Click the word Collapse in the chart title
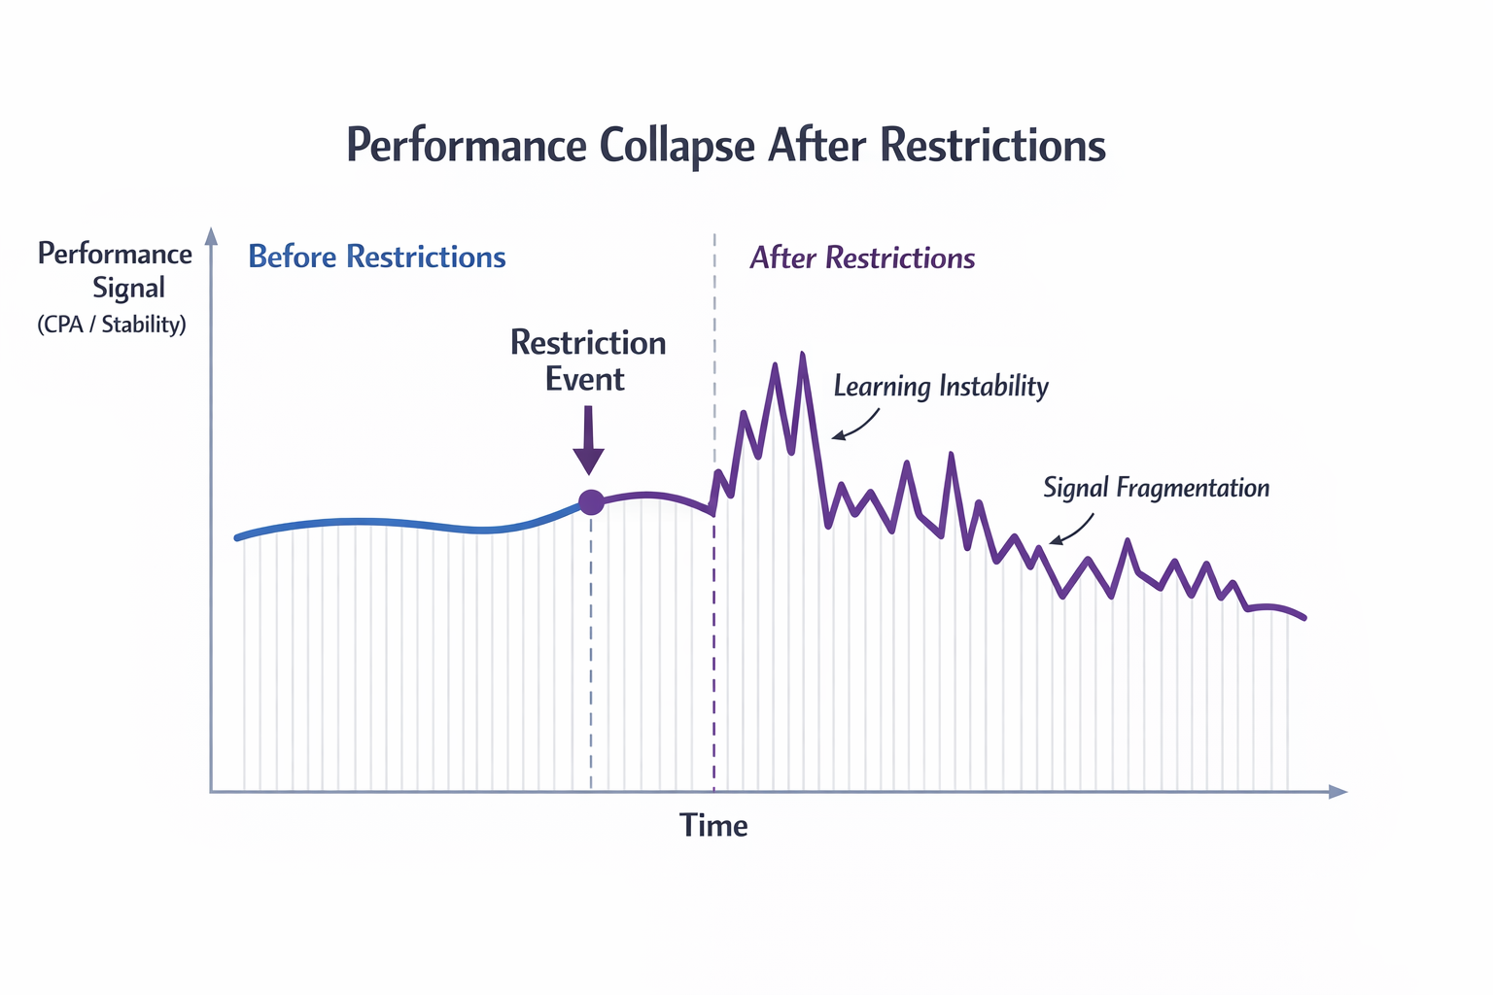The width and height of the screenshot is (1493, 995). coord(676,147)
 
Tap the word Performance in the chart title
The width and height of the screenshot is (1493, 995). coord(466,147)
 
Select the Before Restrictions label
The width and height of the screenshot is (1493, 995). coord(377,257)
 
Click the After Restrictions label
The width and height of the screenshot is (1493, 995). coord(862,257)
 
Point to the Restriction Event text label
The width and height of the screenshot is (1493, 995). coord(587,360)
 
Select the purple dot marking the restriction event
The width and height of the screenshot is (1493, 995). coord(591,502)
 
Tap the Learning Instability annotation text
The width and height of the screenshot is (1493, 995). coord(941,387)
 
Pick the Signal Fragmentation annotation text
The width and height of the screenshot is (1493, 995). coord(1156,488)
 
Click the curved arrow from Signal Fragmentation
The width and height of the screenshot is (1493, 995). coord(1071,531)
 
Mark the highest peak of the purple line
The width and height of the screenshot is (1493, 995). coord(802,355)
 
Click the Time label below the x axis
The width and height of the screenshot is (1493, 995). coord(713,826)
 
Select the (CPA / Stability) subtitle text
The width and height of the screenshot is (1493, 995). coord(111,325)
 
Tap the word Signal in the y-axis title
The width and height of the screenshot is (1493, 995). coord(128,289)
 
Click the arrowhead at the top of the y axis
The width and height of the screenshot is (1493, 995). coord(210,235)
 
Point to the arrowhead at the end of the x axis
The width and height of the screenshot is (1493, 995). coord(1338,792)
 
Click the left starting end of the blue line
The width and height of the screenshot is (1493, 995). coord(237,537)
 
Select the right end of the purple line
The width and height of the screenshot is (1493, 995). coord(1303,617)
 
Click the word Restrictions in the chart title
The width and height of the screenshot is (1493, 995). coord(993,147)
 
